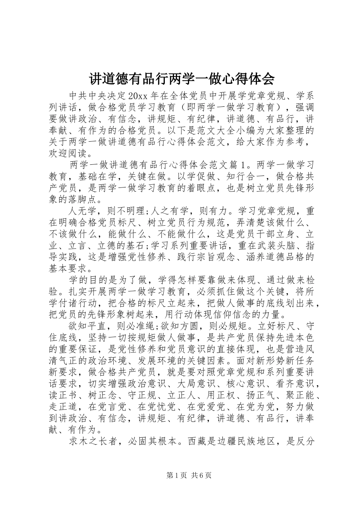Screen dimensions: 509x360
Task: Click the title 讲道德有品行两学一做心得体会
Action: [x=182, y=79]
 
